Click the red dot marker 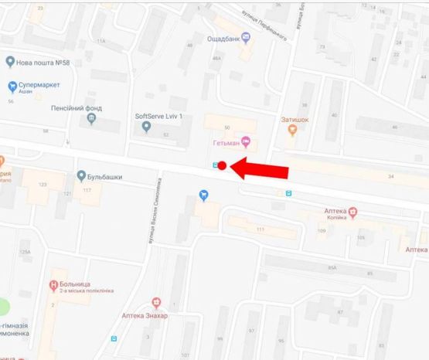click(222, 165)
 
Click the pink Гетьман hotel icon click(246, 141)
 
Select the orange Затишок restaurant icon click(292, 130)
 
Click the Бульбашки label click(106, 177)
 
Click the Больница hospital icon click(53, 285)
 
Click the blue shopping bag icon click(204, 195)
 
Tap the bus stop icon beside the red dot click(215, 165)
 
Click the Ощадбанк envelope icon click(246, 36)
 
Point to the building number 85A click(332, 267)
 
